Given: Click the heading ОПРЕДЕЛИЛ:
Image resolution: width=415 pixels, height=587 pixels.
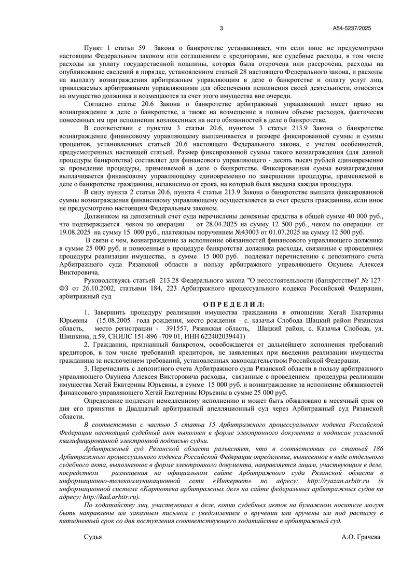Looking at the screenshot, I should coord(233,304).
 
